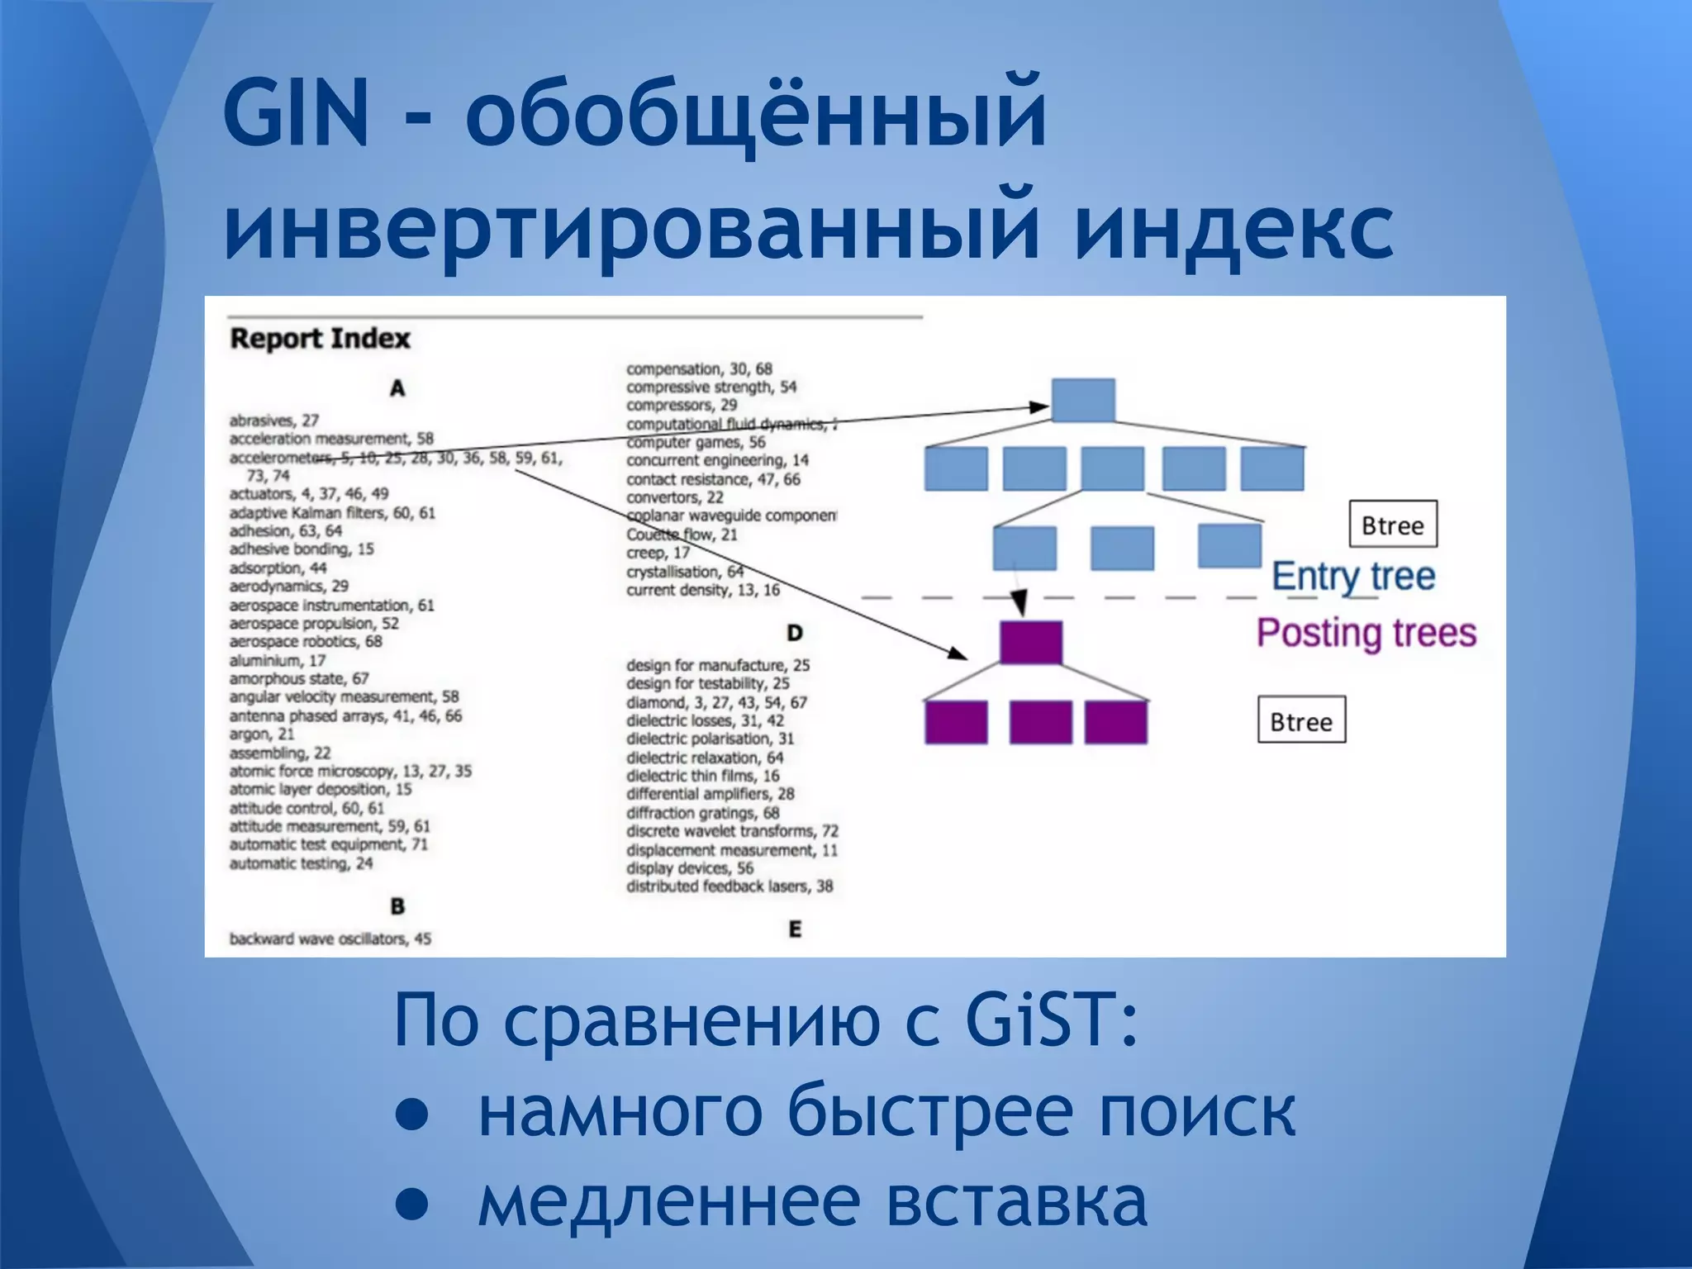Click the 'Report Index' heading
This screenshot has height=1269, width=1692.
pos(320,339)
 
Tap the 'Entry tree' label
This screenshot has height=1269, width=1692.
pos(1353,576)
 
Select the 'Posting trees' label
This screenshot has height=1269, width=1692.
pos(1366,633)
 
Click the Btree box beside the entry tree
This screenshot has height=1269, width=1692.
pos(1393,525)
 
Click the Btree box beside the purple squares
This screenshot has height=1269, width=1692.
pos(1301,720)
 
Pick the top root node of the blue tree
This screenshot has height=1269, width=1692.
pos(1083,401)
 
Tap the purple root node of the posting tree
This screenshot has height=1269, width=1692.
pos(1030,642)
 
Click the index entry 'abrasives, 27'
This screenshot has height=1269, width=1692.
pos(274,421)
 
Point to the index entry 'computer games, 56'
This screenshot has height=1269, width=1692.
pos(696,443)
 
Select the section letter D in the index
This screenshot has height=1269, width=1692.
pos(794,633)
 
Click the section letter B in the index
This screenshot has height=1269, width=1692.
pos(397,906)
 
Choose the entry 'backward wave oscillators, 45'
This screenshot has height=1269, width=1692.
pos(330,939)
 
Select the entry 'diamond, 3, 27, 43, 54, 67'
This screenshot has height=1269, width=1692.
pos(716,702)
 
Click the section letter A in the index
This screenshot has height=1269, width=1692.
pos(397,388)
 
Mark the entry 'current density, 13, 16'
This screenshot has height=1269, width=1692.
pos(702,590)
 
